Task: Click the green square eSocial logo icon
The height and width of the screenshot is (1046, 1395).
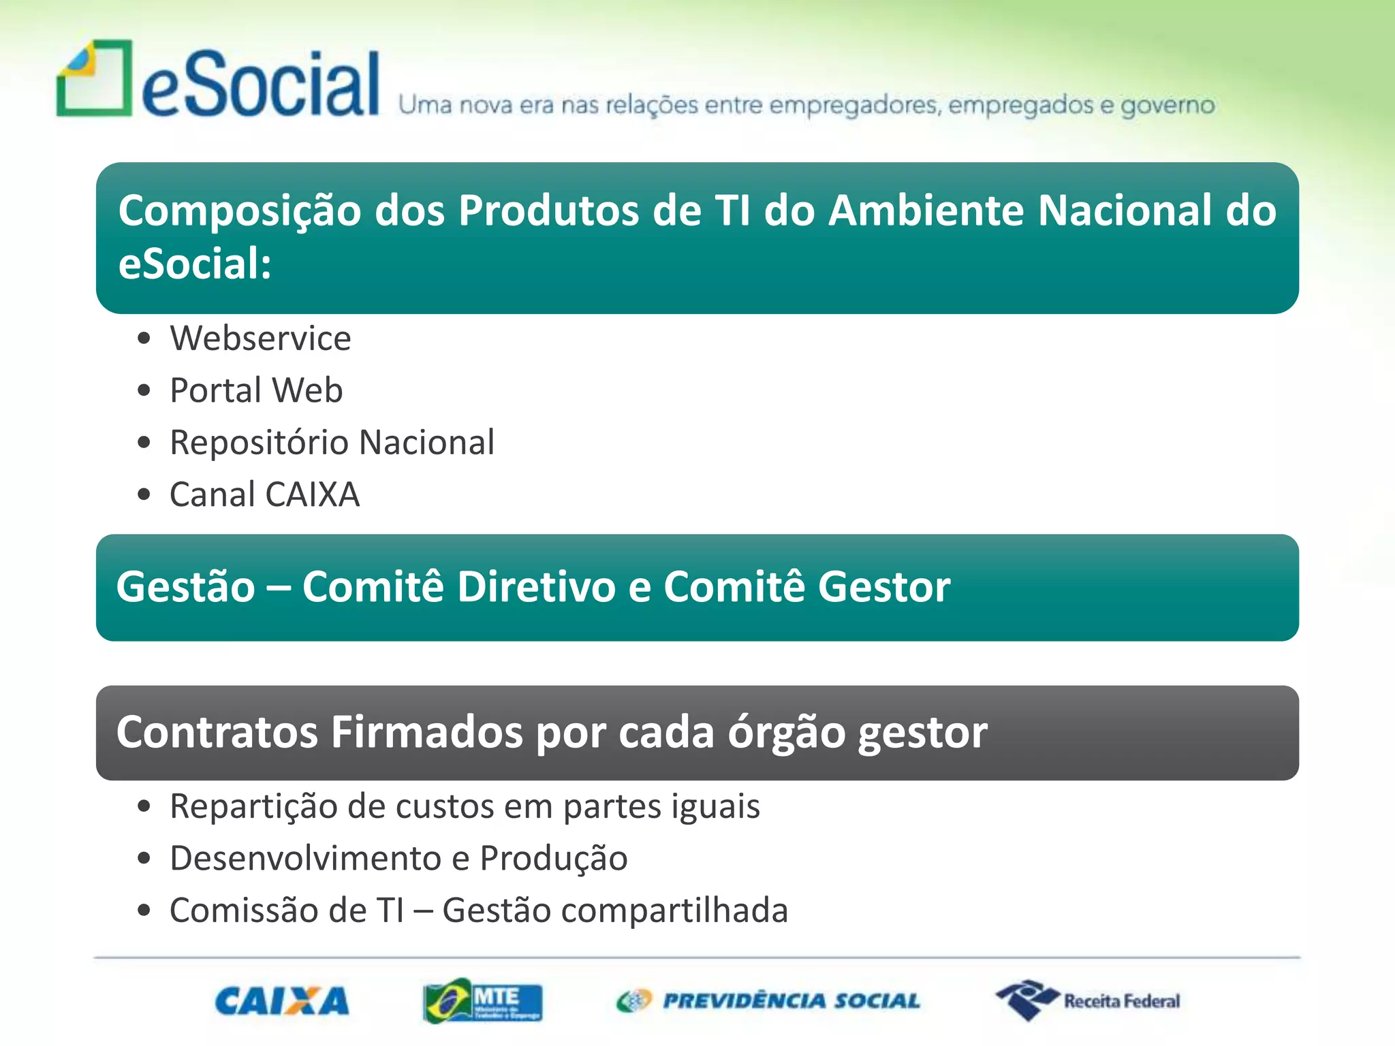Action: pos(94,79)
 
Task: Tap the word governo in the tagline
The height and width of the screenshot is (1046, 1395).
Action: pos(1167,106)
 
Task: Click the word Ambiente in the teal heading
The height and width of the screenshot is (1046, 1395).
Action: pos(926,210)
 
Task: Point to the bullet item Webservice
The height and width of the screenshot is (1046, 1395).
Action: pos(260,338)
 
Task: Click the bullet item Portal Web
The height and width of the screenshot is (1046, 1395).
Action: pos(256,390)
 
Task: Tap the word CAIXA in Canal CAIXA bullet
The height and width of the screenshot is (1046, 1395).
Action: pos(312,494)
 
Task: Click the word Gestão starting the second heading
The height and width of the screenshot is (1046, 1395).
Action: pos(185,587)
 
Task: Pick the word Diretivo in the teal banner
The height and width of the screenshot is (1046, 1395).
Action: pos(537,587)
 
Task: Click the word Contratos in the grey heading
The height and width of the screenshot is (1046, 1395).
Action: pos(217,733)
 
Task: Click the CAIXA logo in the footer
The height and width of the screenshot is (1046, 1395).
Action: pos(281,1001)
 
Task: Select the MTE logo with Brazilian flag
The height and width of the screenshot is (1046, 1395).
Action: pos(482,1001)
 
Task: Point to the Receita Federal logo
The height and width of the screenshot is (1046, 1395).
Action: pos(1088,1001)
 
